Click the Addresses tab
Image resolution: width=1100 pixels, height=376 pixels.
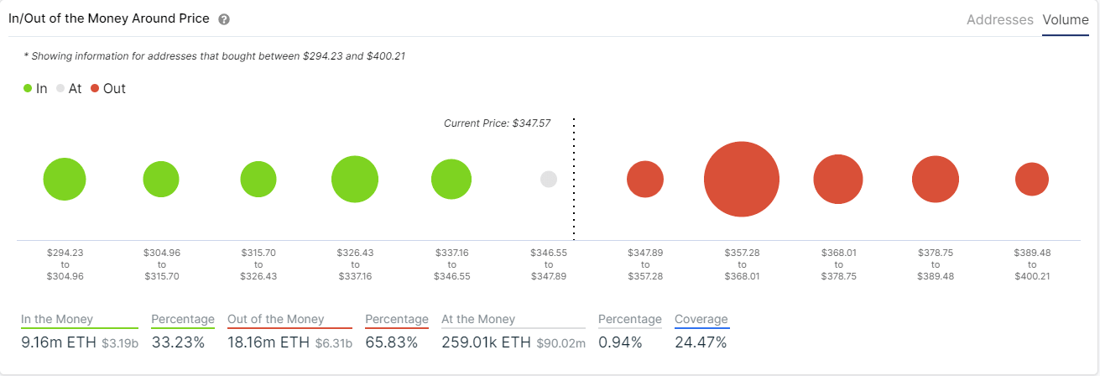999,19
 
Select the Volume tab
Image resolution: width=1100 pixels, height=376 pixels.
1066,19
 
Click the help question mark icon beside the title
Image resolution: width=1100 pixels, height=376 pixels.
224,19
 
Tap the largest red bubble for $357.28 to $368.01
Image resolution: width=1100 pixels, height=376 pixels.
742,180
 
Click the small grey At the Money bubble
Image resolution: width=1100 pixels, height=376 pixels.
549,179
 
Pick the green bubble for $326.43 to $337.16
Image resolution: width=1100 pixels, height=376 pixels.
355,180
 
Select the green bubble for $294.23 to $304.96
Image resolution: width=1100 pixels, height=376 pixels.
65,180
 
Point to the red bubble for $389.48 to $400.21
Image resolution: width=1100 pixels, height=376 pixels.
1032,180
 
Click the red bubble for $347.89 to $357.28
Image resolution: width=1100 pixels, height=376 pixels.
645,180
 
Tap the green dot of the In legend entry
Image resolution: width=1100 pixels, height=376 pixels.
28,88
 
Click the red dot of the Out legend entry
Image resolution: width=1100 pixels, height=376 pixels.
95,88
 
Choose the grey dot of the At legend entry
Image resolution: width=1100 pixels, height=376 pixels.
60,88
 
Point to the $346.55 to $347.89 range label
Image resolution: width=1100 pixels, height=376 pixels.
549,264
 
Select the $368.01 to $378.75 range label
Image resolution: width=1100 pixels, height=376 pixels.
838,264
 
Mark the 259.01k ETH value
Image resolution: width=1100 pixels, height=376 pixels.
487,342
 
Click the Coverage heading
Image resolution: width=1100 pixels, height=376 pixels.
701,319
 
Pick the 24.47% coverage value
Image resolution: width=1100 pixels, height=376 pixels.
701,342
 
